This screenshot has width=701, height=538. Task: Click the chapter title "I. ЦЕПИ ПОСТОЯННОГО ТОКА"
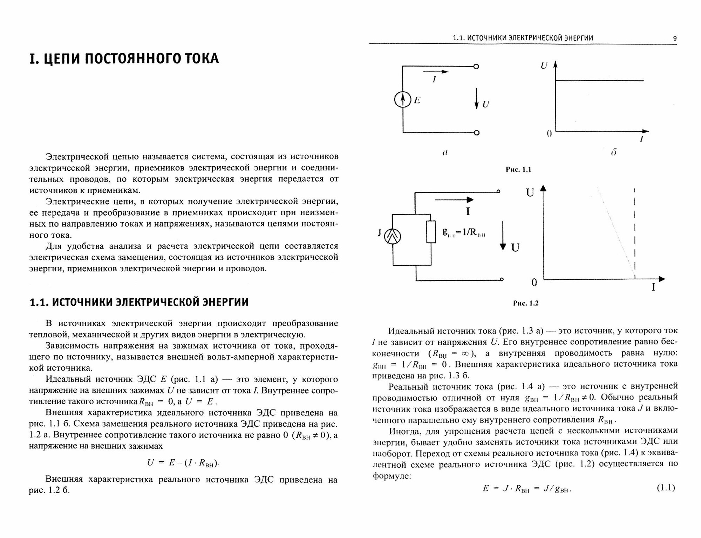(x=124, y=59)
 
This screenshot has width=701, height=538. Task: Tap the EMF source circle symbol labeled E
(x=403, y=100)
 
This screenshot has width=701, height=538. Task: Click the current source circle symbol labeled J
(x=393, y=237)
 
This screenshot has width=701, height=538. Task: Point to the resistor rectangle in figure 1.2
(x=431, y=232)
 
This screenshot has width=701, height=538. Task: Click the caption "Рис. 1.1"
(x=518, y=170)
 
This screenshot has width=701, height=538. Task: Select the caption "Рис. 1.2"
(x=525, y=303)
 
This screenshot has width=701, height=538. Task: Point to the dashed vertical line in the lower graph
(x=635, y=231)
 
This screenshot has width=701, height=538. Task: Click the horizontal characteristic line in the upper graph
(x=599, y=81)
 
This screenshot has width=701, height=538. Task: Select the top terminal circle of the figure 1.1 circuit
(x=476, y=67)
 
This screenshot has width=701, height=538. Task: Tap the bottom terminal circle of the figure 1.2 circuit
(x=502, y=279)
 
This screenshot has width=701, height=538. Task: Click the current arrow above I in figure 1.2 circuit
(x=454, y=200)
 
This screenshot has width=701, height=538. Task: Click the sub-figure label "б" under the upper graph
(x=613, y=153)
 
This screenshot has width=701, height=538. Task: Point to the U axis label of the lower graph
(x=530, y=193)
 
